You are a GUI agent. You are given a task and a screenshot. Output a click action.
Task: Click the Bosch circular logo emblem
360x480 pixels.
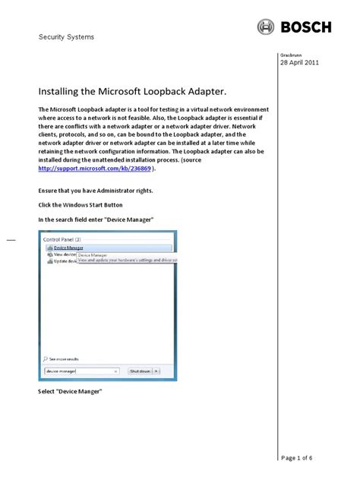(266, 27)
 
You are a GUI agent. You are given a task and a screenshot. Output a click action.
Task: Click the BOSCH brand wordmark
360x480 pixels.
(306, 27)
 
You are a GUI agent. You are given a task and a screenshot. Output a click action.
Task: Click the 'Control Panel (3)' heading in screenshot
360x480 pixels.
(65, 238)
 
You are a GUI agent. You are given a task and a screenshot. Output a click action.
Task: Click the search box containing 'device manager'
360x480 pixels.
(81, 371)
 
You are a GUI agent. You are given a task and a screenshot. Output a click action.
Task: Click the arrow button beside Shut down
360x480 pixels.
(166, 371)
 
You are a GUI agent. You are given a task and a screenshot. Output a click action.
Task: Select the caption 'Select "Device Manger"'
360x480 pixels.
(70, 391)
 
